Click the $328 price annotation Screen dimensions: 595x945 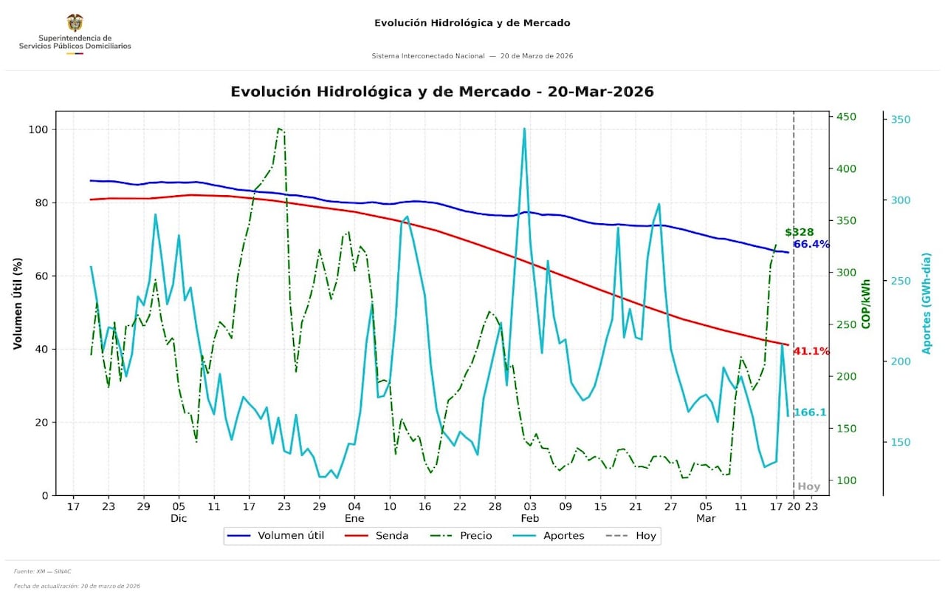click(x=799, y=232)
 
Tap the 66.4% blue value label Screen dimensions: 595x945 click(x=811, y=245)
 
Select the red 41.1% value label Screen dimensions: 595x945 click(x=811, y=351)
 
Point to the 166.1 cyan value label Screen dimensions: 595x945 click(x=809, y=412)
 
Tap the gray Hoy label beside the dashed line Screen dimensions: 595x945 click(x=808, y=486)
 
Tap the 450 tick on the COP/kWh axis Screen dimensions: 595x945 click(x=845, y=117)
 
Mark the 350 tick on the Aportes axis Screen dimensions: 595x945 click(x=901, y=120)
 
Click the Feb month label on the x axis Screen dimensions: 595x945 click(x=529, y=519)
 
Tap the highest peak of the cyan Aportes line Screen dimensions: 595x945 click(x=524, y=129)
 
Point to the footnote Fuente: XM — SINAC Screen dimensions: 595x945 click(x=42, y=571)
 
